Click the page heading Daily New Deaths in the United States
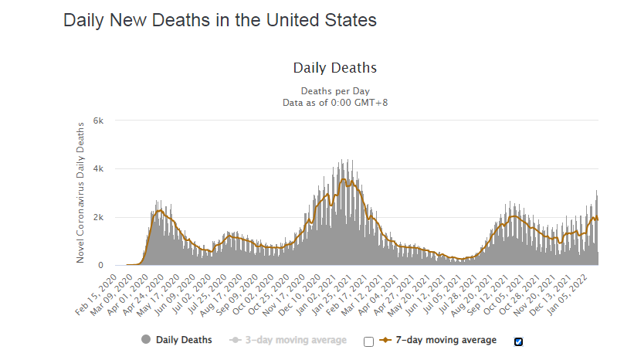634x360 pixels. [219, 21]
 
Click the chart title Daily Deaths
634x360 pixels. [334, 68]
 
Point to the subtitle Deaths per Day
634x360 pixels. [335, 91]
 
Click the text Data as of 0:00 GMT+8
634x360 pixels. [335, 102]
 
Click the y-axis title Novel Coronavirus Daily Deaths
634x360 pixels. [80, 193]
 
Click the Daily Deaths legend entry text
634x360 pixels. [184, 340]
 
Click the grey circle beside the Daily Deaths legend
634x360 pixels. [146, 340]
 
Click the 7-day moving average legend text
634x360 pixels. [446, 340]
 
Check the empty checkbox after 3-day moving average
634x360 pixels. [368, 341]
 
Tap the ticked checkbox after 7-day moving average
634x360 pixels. [518, 341]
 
